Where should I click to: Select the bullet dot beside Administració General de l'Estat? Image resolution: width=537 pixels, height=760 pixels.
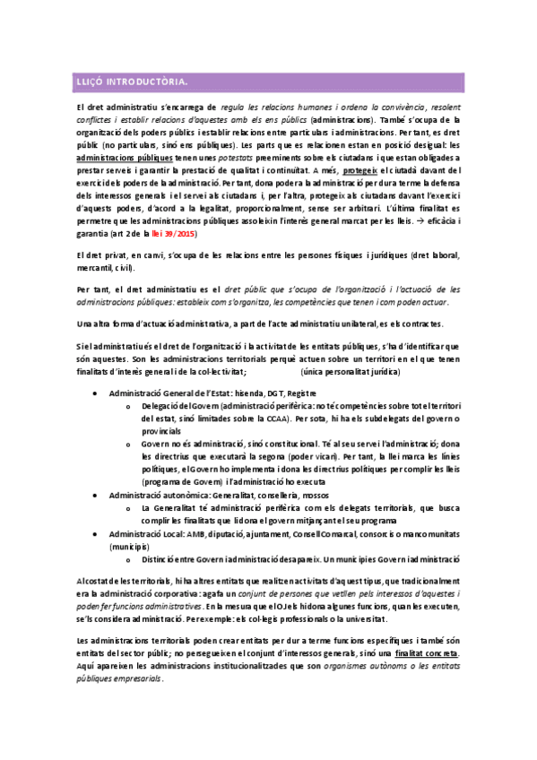click(x=96, y=393)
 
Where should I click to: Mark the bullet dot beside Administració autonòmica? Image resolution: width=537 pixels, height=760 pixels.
click(x=96, y=494)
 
